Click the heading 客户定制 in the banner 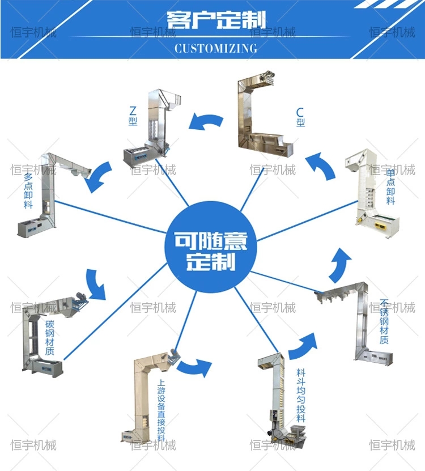(216, 20)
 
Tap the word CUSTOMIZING (216, 48)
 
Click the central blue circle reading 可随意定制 (211, 247)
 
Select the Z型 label (133, 116)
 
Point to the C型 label (300, 117)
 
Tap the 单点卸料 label (390, 187)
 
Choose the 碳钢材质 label (49, 338)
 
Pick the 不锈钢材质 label (384, 321)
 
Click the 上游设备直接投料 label (161, 410)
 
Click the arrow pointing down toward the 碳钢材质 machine (96, 284)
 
